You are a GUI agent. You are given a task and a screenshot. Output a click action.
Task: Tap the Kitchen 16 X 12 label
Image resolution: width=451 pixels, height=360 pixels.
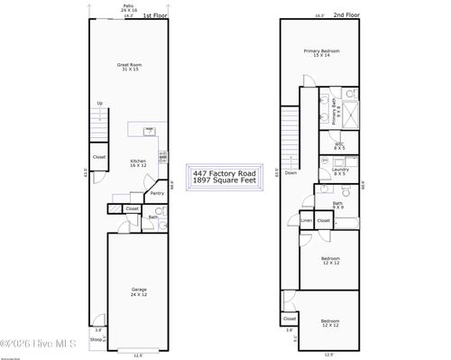(137, 163)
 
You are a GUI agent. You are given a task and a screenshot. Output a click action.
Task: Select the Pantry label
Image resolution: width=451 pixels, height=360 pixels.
(157, 192)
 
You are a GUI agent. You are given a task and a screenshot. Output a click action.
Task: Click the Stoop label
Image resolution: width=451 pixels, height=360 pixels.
(96, 340)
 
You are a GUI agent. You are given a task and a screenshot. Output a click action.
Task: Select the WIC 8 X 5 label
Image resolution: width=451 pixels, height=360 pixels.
(339, 145)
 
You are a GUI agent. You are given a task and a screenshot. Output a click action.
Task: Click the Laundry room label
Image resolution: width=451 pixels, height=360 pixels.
(340, 171)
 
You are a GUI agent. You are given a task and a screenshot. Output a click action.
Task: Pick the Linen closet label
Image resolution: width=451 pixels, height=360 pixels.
(307, 219)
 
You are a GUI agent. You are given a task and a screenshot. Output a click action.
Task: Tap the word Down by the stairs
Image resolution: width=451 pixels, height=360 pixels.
(290, 172)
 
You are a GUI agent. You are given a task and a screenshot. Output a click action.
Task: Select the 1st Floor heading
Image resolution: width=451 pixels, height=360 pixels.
(155, 15)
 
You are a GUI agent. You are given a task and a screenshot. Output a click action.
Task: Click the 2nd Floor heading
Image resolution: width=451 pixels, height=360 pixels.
(345, 15)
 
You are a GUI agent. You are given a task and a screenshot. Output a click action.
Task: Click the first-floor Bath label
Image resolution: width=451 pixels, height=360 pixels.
(152, 217)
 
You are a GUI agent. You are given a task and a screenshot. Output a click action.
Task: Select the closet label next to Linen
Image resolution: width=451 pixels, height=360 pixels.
(324, 219)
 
